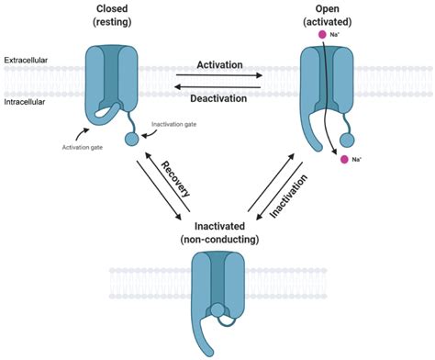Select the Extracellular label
point(26,62)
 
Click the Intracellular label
point(26,102)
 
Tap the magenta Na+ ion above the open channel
point(323,35)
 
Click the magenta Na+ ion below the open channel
point(344,160)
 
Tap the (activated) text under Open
point(336,23)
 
